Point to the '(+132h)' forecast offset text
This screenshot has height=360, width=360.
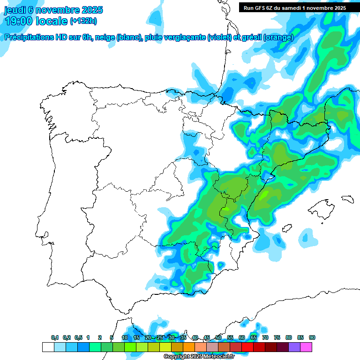(x=83, y=21)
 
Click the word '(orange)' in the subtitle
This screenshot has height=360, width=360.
(x=278, y=38)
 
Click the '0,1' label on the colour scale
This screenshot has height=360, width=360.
(x=55, y=338)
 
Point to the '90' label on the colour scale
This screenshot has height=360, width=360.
(x=312, y=338)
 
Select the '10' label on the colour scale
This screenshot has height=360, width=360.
(x=125, y=338)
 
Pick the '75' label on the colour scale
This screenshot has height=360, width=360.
(x=277, y=338)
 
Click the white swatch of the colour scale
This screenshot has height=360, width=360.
(x=48, y=347)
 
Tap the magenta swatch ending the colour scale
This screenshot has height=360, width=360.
(x=306, y=347)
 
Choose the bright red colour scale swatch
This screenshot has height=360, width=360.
(x=247, y=347)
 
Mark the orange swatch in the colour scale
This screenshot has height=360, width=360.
(x=189, y=347)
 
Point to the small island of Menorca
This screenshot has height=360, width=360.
(x=347, y=199)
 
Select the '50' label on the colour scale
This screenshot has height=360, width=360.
(x=218, y=338)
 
